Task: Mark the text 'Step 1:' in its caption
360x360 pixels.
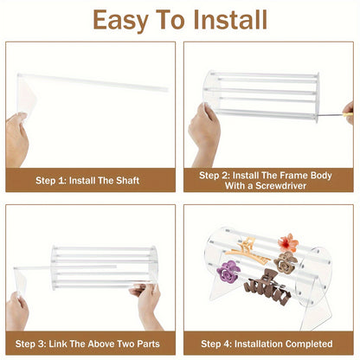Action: click(52, 180)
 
